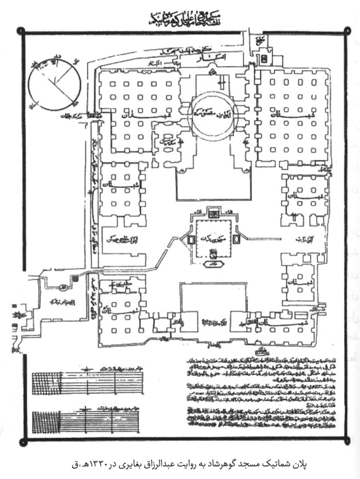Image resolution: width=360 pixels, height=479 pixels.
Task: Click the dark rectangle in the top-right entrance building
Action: (264, 59)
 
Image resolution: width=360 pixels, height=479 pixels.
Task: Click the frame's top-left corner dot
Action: (22, 31)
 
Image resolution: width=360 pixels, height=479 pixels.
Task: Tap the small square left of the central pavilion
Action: (190, 239)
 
